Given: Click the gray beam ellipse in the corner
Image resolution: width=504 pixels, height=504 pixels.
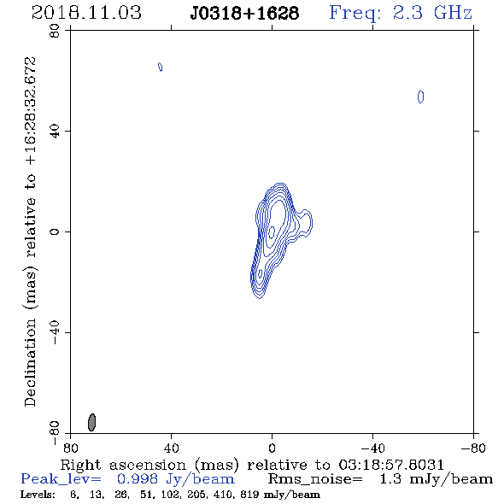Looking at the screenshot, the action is click(92, 422).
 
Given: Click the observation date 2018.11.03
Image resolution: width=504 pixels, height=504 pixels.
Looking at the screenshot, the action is click(86, 13).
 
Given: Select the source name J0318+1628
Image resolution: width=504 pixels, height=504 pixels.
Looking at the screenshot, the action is click(244, 14).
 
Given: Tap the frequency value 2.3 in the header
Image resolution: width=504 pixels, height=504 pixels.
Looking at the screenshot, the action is click(407, 13).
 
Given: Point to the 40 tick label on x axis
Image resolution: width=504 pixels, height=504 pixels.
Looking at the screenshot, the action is click(171, 448).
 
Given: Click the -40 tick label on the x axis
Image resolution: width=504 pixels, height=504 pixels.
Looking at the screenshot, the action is click(372, 448).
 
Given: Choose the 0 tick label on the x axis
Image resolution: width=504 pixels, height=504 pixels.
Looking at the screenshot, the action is click(272, 448).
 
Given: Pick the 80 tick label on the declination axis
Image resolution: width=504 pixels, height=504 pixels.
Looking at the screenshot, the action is click(55, 31).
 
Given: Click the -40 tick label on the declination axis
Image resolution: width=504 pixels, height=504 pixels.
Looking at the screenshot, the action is click(55, 332).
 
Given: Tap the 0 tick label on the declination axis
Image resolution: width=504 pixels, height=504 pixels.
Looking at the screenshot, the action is click(55, 231).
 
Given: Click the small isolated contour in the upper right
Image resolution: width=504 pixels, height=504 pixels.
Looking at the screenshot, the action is click(420, 97).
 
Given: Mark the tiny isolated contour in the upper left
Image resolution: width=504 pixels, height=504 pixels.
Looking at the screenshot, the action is click(160, 67).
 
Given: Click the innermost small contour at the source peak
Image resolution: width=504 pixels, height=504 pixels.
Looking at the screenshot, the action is click(272, 232).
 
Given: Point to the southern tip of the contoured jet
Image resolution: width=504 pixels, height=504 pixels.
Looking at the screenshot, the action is click(259, 298).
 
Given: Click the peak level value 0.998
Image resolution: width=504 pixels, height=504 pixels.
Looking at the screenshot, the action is click(138, 479).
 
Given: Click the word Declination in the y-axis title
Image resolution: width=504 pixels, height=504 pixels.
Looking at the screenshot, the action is click(30, 362).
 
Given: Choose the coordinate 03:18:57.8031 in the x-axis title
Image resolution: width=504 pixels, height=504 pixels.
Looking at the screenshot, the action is click(391, 465).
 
